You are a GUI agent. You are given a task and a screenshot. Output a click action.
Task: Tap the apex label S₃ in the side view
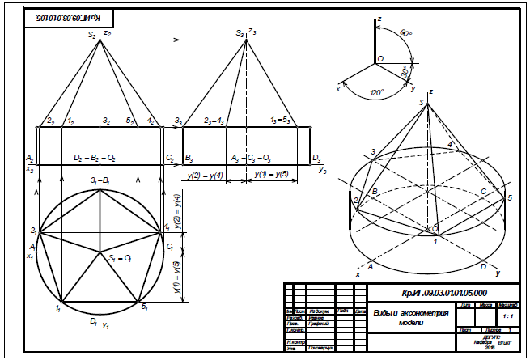240,34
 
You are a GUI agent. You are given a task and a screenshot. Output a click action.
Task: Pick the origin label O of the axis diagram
380,59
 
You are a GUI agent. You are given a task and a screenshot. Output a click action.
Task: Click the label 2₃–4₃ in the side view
214,121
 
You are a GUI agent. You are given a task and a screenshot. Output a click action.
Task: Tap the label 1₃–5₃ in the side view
280,121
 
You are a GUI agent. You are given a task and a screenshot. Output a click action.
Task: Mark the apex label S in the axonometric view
422,100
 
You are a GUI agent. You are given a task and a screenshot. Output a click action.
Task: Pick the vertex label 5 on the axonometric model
509,198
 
